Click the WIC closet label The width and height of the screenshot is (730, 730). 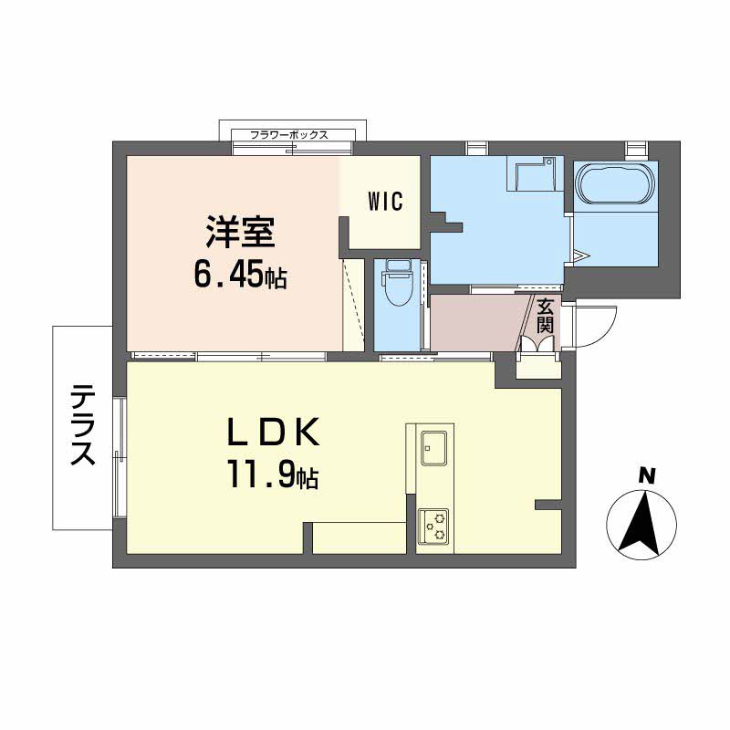click(385, 202)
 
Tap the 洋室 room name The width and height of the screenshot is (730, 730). click(240, 232)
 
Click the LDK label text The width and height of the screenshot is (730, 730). click(273, 433)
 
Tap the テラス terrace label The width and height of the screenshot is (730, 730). click(83, 425)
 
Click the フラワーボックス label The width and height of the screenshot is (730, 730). click(289, 135)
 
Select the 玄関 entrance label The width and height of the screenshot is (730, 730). click(545, 316)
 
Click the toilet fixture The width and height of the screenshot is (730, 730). click(397, 283)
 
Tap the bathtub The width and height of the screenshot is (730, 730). click(614, 183)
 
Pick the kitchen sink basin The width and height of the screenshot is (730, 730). click(434, 448)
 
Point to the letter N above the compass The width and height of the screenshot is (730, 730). click(646, 475)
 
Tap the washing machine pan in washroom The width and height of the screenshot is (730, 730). click(531, 173)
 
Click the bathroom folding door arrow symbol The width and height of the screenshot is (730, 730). click(581, 256)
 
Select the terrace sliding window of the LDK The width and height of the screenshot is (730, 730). click(120, 457)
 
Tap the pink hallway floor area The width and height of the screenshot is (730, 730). click(476, 323)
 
